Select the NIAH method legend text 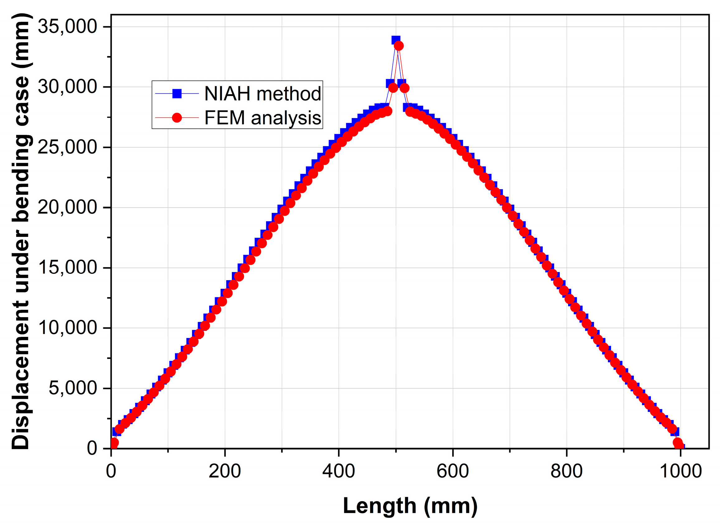(262, 93)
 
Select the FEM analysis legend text (262, 118)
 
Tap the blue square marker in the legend (177, 93)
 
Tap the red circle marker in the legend (177, 118)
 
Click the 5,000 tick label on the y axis (73, 388)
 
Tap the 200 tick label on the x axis (224, 471)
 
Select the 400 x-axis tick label (338, 471)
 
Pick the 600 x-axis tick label (453, 471)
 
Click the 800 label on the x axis (567, 471)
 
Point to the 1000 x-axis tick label (680, 471)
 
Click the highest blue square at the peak (396, 40)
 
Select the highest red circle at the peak (399, 46)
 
